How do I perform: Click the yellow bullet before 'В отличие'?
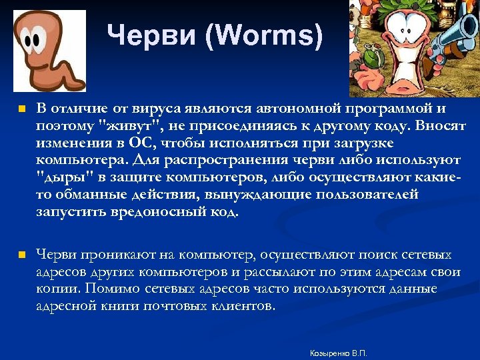[21, 109]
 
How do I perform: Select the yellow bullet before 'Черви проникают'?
[21, 255]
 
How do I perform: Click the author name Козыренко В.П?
[339, 353]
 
